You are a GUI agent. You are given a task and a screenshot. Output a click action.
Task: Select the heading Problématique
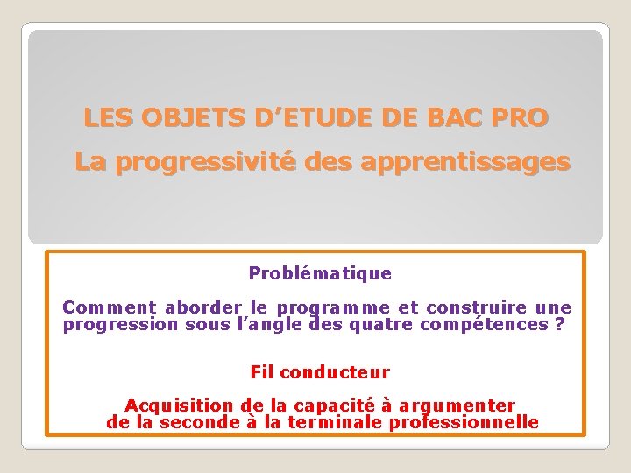pyautogui.click(x=320, y=273)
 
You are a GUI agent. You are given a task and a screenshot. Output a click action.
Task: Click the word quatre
pyautogui.click(x=381, y=325)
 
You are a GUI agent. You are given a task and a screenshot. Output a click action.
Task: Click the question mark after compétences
pyautogui.click(x=560, y=325)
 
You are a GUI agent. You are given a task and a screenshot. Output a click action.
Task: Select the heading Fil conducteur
pyautogui.click(x=320, y=372)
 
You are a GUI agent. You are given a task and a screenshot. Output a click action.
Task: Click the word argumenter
pyautogui.click(x=457, y=405)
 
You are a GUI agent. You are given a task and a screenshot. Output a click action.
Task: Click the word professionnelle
pyautogui.click(x=464, y=422)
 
